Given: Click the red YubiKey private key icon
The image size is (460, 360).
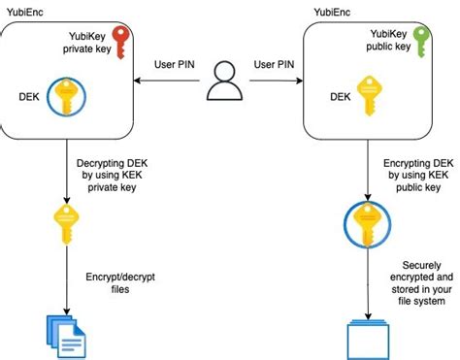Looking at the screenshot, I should [120, 45].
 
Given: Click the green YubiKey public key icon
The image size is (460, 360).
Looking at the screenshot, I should [420, 45].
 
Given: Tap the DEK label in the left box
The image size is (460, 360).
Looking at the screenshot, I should [29, 97].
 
